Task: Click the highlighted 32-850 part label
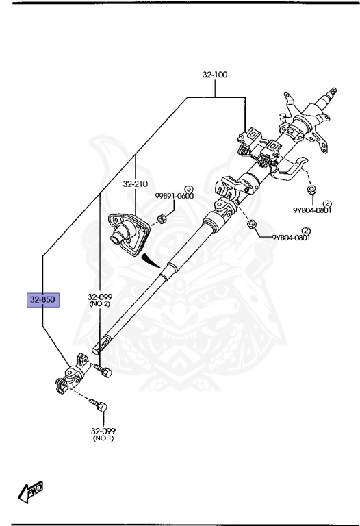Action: coord(43,299)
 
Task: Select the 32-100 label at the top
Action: coord(215,74)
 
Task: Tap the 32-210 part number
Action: coord(135,184)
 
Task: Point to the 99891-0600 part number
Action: coord(175,196)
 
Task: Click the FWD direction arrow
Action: coord(30,492)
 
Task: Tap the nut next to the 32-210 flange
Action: coord(162,219)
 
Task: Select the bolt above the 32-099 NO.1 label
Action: coord(98,404)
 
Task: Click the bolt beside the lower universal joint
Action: coord(103,371)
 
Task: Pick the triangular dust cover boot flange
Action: coord(129,234)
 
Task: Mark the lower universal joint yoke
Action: coord(73,373)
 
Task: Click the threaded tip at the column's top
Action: coord(333,91)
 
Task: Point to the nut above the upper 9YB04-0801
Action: coord(311,190)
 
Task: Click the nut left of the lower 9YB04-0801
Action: coord(250,224)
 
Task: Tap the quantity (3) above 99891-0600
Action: coord(189,188)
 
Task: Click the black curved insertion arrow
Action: coord(150,260)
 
